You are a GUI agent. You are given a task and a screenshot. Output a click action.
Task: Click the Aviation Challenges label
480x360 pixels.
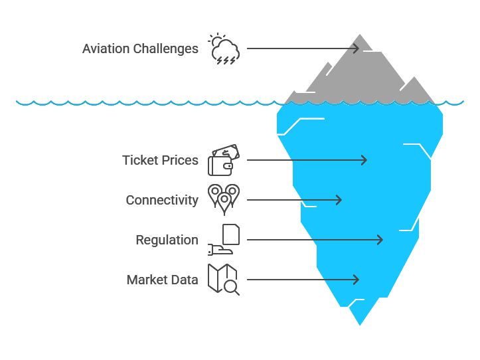click(x=140, y=48)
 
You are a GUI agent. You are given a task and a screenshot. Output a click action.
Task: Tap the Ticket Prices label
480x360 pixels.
click(x=160, y=160)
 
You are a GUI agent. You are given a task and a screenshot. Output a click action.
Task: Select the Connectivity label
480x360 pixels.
click(x=162, y=200)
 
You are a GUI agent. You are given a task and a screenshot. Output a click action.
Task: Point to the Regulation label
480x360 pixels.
click(x=167, y=240)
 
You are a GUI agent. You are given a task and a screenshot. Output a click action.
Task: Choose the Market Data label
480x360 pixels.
click(x=162, y=280)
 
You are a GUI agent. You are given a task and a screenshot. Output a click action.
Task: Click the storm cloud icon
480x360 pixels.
click(x=223, y=49)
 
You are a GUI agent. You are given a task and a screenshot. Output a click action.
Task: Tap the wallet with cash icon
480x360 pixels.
click(x=223, y=160)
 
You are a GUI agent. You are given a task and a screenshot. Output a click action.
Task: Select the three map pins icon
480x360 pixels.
click(x=223, y=199)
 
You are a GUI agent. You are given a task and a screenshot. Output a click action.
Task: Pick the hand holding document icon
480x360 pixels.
click(x=223, y=240)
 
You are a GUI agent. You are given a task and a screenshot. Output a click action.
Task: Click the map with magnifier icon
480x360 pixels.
click(x=223, y=279)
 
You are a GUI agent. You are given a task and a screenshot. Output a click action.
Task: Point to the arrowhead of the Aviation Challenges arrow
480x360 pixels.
click(x=357, y=48)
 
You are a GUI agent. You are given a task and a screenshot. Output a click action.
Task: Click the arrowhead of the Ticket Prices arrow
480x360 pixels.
click(x=364, y=160)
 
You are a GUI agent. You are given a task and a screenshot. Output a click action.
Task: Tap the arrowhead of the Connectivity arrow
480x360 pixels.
click(x=339, y=200)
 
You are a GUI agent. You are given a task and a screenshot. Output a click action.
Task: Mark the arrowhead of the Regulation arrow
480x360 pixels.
click(x=380, y=240)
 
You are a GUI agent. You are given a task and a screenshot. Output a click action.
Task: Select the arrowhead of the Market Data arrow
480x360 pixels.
click(x=357, y=280)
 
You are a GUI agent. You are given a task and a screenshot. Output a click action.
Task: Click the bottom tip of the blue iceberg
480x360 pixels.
click(x=360, y=323)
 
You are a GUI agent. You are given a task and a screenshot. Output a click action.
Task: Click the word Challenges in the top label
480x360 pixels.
click(x=167, y=48)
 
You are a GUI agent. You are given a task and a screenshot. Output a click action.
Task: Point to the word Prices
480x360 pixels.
click(x=181, y=160)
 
